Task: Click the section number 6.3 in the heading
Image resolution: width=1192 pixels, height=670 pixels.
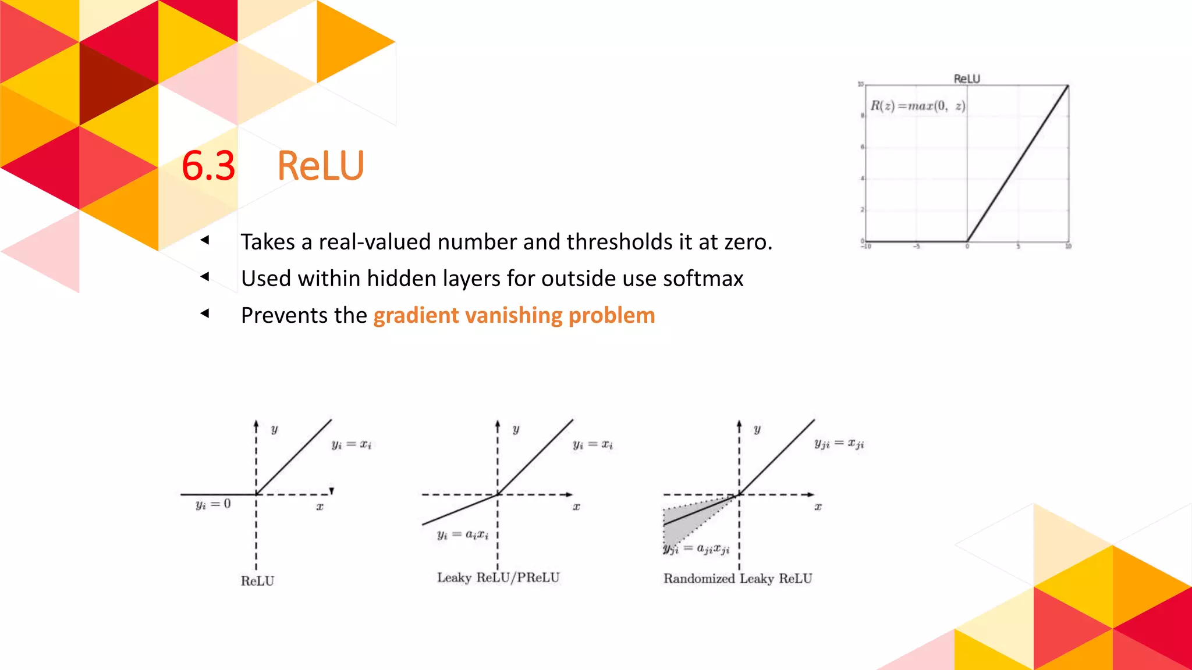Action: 208,166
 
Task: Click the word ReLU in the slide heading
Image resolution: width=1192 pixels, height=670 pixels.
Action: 320,166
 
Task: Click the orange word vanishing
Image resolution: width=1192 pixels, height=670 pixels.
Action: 513,315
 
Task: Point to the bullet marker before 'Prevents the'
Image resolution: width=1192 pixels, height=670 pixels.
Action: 204,313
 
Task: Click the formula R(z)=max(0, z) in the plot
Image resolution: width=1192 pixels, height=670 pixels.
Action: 917,106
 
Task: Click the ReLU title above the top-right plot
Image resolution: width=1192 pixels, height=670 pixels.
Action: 966,79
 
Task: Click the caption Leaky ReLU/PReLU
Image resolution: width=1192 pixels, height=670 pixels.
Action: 498,578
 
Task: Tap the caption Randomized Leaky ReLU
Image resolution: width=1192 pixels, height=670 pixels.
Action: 737,579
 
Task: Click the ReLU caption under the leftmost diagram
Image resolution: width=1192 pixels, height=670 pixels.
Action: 257,581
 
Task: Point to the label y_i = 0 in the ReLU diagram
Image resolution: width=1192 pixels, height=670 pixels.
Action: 213,504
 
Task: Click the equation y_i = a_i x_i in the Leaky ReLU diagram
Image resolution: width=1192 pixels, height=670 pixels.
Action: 463,534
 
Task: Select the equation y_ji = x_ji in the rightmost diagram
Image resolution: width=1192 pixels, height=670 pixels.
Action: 839,444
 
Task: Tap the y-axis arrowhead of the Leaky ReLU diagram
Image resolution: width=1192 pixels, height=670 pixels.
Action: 498,425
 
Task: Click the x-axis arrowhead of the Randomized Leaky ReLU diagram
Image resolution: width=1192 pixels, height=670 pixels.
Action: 811,494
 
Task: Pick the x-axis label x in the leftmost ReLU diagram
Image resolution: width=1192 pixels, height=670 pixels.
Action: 320,507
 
